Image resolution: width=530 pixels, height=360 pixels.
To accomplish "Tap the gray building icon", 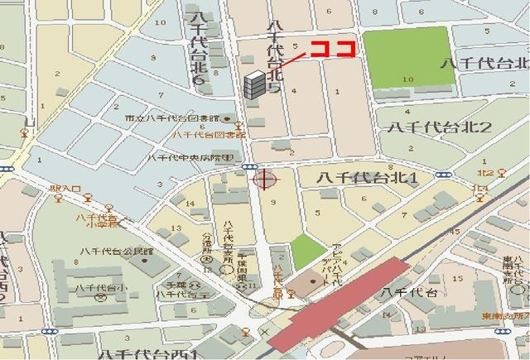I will point(255,84).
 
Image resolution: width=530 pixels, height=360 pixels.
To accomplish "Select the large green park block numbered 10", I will point(409,59).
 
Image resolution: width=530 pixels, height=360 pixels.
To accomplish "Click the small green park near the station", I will point(307,252).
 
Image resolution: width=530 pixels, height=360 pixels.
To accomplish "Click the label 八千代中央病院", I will point(195,157).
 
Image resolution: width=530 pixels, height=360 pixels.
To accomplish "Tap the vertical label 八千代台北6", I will point(197,50).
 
